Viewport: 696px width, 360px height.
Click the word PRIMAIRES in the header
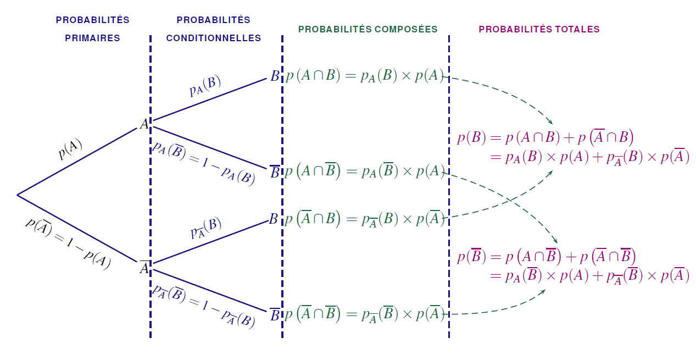[x=92, y=38]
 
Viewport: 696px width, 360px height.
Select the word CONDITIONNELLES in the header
[x=213, y=38]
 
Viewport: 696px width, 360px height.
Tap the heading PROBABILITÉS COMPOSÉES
[x=368, y=29]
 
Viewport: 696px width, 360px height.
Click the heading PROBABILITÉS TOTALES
[x=539, y=29]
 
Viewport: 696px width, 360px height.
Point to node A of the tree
[x=144, y=124]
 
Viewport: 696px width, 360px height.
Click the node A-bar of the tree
[x=144, y=268]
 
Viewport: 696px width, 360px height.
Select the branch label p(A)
[x=70, y=149]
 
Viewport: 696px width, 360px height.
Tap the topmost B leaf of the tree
[x=275, y=76]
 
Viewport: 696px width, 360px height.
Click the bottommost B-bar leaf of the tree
[x=275, y=314]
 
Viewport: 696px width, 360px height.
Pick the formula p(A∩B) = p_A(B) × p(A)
[x=364, y=76]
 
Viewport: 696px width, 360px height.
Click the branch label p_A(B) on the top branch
[x=205, y=86]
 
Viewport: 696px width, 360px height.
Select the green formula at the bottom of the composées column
[x=364, y=314]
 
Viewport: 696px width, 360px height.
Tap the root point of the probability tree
[x=18, y=195]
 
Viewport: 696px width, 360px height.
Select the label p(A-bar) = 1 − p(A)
[x=68, y=243]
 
